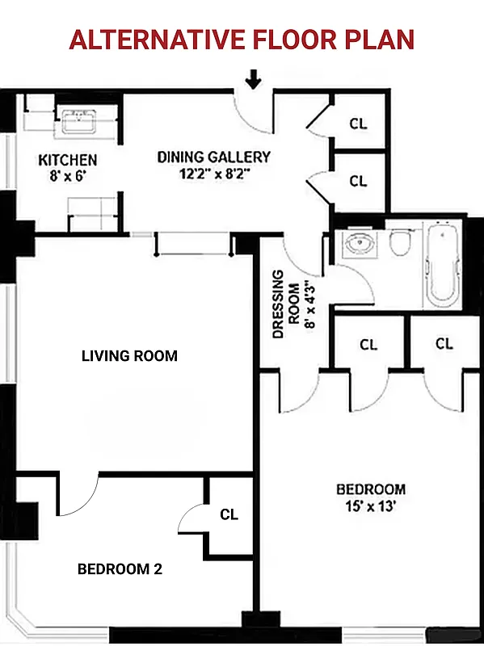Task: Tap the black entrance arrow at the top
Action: pos(255,79)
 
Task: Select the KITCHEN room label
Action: pos(68,161)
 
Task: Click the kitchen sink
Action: pos(78,124)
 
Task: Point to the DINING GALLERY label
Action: pos(213,157)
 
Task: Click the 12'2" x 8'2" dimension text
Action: pos(213,172)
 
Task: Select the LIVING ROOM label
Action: pos(129,355)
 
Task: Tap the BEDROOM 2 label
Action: pos(120,568)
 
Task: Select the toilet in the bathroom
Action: pos(401,242)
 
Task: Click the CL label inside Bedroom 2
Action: pos(229,514)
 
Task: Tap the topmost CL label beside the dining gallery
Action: pos(358,124)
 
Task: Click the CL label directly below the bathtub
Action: pos(444,343)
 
